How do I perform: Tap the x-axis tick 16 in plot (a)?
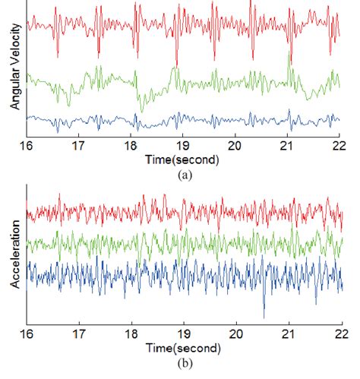(27, 147)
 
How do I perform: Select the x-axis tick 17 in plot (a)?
(80, 147)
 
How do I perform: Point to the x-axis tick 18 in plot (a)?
(132, 147)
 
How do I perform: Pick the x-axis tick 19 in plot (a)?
(184, 147)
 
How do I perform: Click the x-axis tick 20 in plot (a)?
(236, 147)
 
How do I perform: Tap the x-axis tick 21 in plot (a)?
(289, 147)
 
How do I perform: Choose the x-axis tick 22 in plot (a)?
(340, 147)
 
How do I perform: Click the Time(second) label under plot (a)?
(185, 160)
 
